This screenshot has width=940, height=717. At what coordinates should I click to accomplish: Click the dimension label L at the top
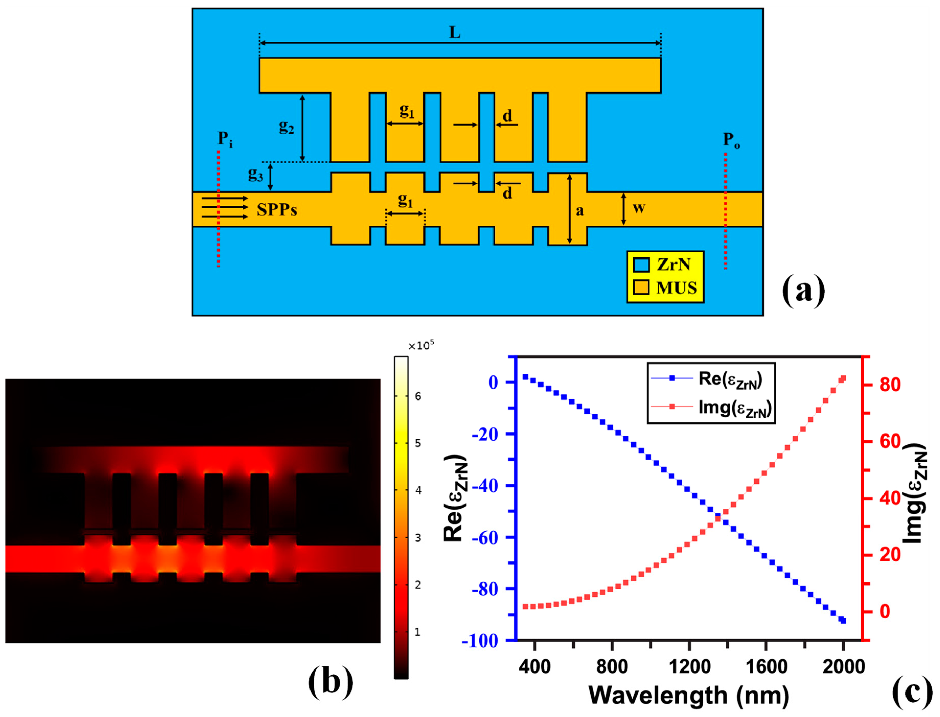(454, 32)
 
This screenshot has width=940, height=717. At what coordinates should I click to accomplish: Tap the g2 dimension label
(286, 126)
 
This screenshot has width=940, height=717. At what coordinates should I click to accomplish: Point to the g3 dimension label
(255, 174)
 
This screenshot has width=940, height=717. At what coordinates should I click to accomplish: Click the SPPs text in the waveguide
(277, 210)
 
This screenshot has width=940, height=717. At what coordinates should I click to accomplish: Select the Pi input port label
(225, 139)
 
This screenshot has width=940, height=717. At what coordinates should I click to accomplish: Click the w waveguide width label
(638, 208)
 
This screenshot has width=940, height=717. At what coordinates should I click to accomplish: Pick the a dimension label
(580, 210)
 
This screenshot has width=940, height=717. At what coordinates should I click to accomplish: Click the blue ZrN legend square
(641, 265)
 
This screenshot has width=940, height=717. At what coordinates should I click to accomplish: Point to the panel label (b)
(330, 681)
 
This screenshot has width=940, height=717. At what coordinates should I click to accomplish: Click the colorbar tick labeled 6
(418, 396)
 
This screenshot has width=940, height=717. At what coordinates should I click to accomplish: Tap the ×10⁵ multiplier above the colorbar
(421, 346)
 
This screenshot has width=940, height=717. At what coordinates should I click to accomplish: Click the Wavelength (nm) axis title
(689, 696)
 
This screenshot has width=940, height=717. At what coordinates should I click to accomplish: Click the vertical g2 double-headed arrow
(302, 128)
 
